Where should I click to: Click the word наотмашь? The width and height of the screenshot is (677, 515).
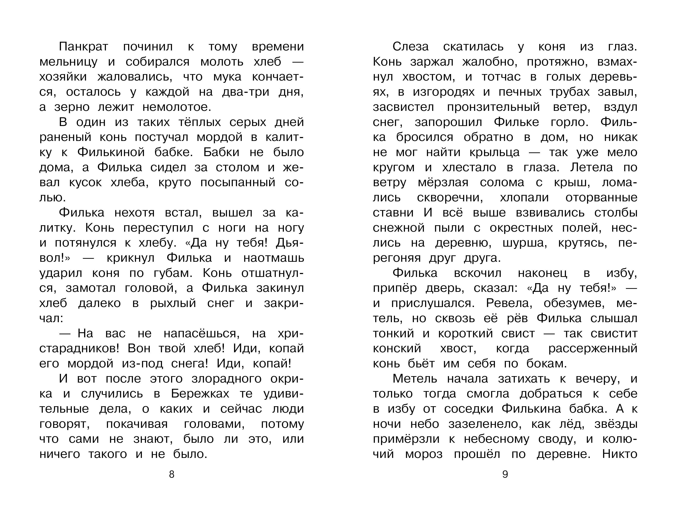pos(273,258)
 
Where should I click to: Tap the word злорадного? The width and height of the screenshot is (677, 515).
pos(227,379)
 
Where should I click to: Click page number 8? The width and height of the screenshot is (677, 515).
pos(172,475)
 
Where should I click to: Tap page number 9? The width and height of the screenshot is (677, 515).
pos(505,475)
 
